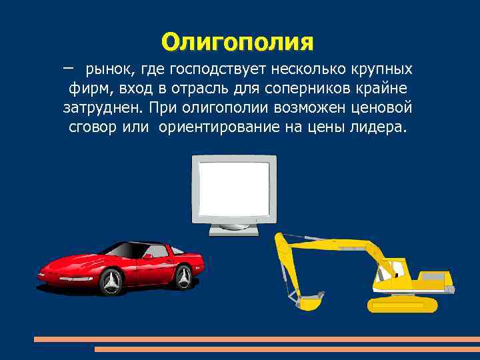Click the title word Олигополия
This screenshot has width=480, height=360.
(x=237, y=41)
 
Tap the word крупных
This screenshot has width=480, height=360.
(x=383, y=69)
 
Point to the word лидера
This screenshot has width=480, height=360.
(x=376, y=127)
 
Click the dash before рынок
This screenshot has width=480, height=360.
(x=68, y=67)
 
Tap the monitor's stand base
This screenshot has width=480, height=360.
(x=233, y=230)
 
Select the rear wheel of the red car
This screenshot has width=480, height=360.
(x=184, y=275)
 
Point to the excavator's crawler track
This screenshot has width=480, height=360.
(x=403, y=305)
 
